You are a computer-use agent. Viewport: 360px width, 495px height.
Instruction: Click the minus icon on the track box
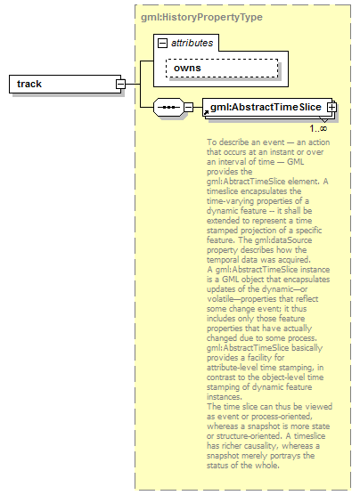(x=119, y=84)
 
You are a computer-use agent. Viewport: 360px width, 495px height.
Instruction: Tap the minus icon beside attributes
(x=162, y=42)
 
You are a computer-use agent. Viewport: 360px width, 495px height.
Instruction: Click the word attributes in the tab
(x=191, y=42)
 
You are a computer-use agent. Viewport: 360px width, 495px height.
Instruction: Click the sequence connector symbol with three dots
(x=168, y=108)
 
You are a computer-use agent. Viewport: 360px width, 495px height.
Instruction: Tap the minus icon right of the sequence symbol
(x=188, y=108)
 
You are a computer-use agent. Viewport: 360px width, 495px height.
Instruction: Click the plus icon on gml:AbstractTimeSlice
(x=331, y=108)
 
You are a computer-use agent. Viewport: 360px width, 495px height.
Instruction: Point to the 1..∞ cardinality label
(x=317, y=128)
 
